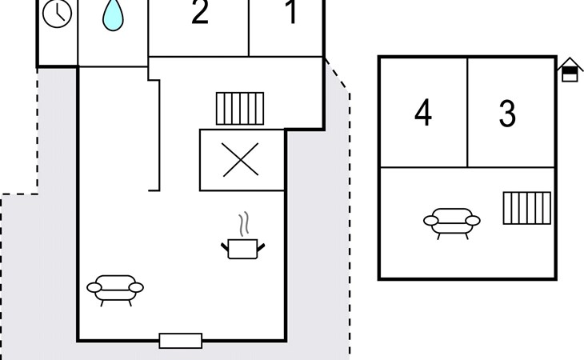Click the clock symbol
57,14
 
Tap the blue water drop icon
113,15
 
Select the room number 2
200,12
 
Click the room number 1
292,12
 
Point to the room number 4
423,113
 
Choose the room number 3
507,114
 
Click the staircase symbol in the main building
240,108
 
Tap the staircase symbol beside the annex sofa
526,208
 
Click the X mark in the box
241,160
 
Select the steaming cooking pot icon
243,236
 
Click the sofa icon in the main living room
115,290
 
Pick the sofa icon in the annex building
452,223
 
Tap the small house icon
570,70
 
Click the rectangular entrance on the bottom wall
181,341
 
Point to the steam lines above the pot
244,224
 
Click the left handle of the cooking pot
225,247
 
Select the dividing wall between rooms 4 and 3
467,113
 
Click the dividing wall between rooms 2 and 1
249,28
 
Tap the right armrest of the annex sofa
473,221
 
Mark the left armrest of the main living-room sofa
94,287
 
